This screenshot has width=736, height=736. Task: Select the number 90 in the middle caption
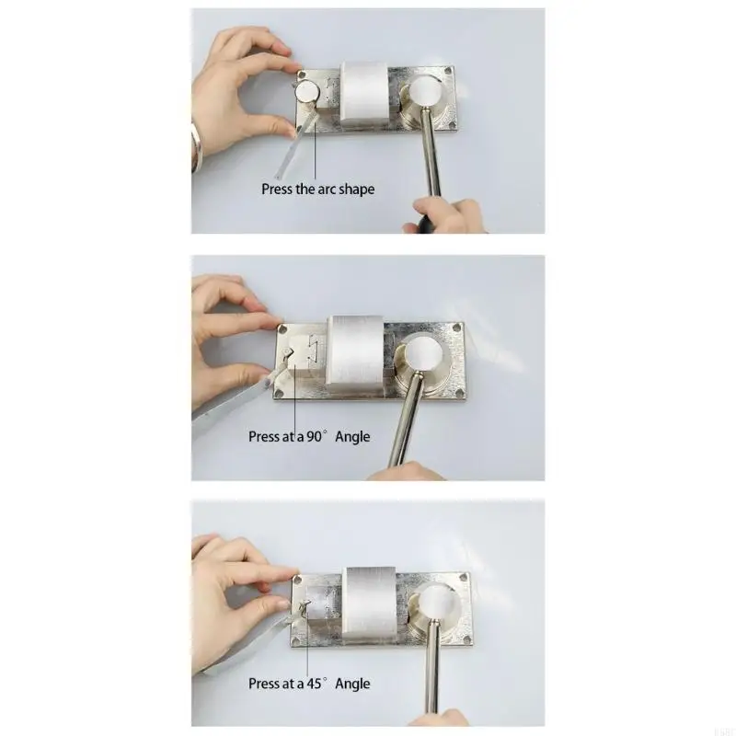coord(314,436)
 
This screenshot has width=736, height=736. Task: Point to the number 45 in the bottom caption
coord(314,684)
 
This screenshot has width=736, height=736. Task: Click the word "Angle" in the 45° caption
coord(352,684)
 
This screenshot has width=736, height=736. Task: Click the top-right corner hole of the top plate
coord(448,72)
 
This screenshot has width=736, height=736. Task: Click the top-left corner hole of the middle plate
coord(283,329)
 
